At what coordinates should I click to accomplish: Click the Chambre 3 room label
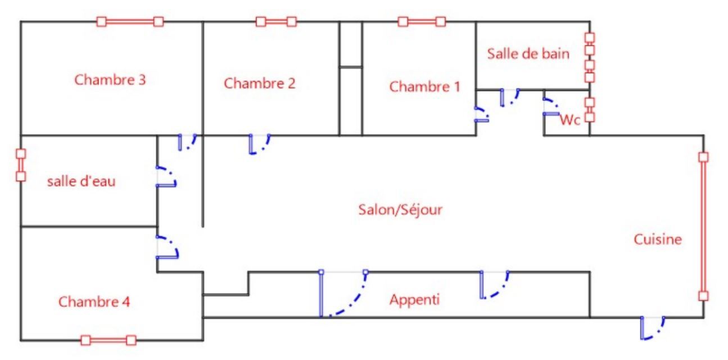coord(110,80)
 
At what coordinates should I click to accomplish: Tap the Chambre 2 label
coord(259,84)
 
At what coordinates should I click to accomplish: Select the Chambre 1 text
coord(424,87)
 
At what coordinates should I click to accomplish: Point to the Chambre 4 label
coord(94,302)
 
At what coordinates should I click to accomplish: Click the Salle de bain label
coord(528,54)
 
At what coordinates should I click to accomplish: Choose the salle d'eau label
coord(82,182)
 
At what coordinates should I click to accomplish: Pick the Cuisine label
coord(658,240)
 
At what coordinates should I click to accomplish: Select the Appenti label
coord(414,300)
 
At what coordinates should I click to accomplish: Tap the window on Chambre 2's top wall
coord(276,22)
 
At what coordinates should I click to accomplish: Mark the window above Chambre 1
coord(422,22)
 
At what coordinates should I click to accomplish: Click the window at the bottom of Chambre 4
coord(108,340)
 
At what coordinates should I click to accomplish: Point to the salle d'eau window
coord(21,165)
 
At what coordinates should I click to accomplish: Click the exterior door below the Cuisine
coord(652,327)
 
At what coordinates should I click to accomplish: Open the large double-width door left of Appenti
coord(343,294)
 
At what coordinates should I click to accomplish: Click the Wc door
coord(551,106)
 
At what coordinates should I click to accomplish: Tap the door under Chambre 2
coord(259,144)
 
